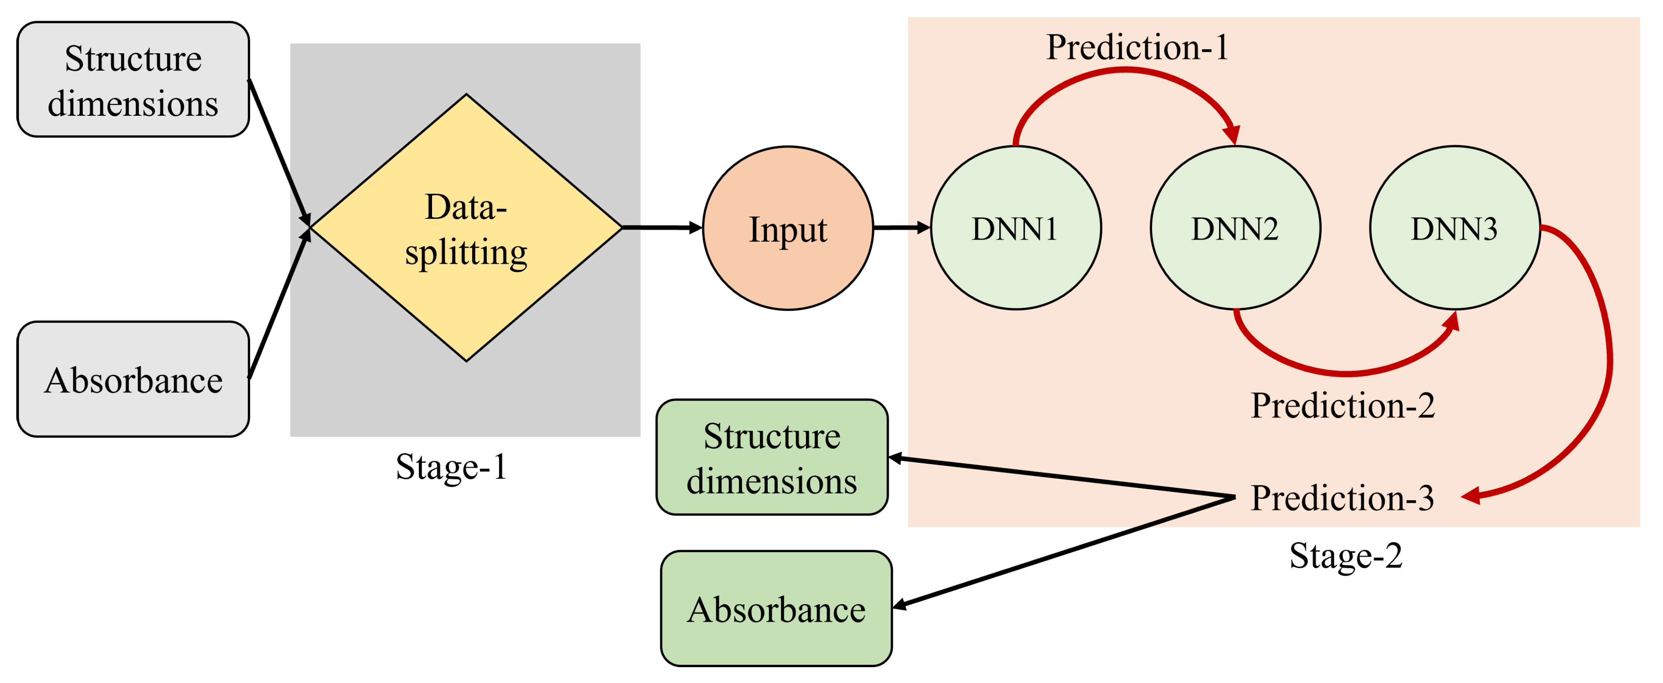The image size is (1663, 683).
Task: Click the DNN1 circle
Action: click(x=1016, y=228)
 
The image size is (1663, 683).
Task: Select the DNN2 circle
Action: click(x=1235, y=228)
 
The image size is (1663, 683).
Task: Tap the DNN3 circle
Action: click(x=1455, y=228)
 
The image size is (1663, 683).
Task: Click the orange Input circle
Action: click(x=787, y=228)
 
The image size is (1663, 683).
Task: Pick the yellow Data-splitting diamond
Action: click(x=466, y=228)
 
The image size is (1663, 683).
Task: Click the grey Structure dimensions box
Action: click(x=133, y=79)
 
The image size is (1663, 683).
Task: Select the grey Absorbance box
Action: click(x=133, y=380)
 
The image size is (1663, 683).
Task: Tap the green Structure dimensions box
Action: click(x=772, y=457)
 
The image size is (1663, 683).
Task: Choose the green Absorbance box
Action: click(x=776, y=608)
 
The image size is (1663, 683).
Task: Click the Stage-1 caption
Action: click(x=451, y=467)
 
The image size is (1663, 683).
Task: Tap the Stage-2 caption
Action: click(x=1346, y=555)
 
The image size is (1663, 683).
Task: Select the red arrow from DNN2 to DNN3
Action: click(x=1346, y=373)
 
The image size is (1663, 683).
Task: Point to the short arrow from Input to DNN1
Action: click(x=901, y=227)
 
